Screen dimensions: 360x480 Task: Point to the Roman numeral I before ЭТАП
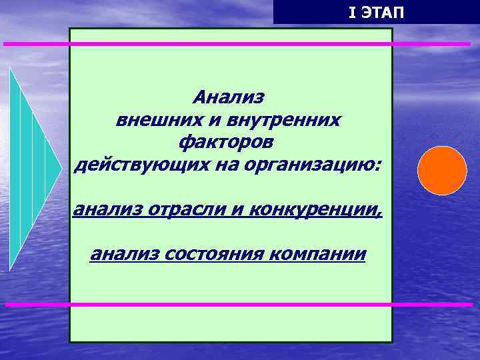tap(352, 12)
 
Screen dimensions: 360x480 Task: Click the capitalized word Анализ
tap(229, 97)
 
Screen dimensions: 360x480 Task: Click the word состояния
tap(215, 254)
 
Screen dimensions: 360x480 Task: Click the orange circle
tap(442, 171)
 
